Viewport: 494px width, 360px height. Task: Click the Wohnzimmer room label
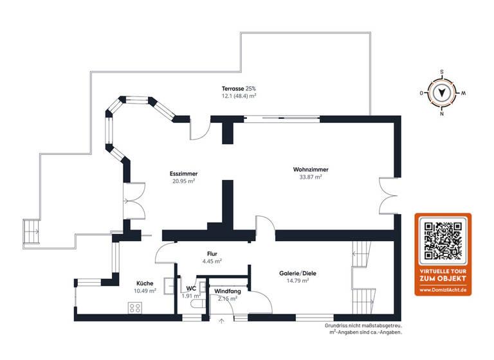click(311, 170)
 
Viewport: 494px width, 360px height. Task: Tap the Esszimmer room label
click(183, 174)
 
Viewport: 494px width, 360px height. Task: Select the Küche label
click(145, 283)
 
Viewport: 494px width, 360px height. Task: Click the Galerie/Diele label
click(298, 273)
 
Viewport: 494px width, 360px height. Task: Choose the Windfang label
click(227, 291)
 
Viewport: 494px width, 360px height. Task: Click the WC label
click(191, 289)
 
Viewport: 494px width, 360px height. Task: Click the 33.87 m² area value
click(311, 177)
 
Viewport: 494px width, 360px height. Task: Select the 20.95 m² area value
click(183, 181)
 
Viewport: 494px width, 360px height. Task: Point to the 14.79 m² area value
click(298, 280)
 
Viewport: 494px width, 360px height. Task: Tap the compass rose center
click(442, 93)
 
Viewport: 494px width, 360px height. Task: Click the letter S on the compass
click(442, 72)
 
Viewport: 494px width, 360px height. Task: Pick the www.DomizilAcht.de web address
click(442, 291)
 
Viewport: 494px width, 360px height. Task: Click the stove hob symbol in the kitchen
click(135, 307)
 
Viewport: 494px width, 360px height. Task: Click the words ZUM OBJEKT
click(442, 279)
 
